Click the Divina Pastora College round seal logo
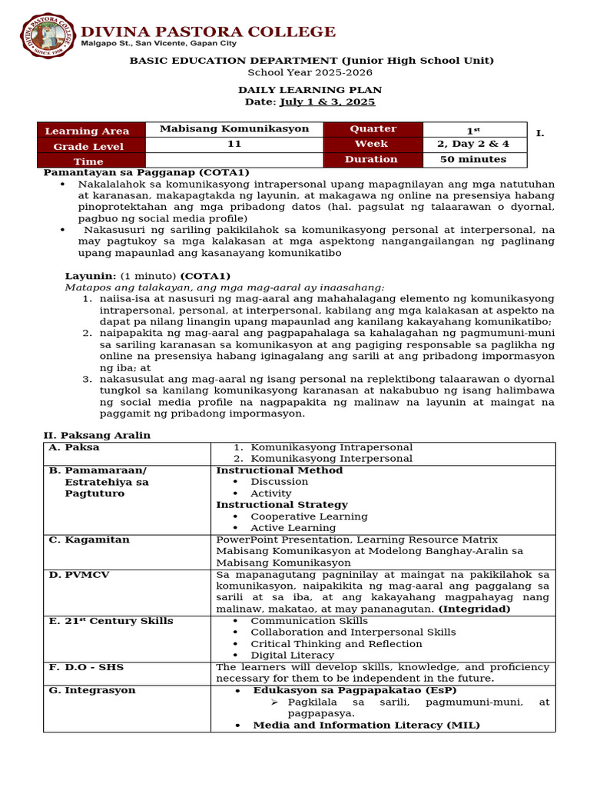[47, 35]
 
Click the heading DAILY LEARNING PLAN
[310, 90]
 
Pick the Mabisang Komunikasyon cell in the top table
[234, 129]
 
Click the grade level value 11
[234, 144]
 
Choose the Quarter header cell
[373, 129]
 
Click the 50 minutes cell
[473, 160]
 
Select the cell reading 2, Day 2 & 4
[473, 144]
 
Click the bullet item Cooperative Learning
[309, 516]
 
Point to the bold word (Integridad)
[474, 609]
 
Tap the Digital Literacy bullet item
[292, 655]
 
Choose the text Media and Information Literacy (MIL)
[366, 725]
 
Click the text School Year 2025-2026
[310, 72]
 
